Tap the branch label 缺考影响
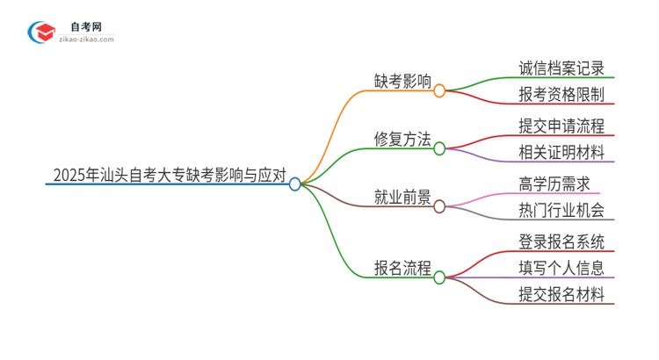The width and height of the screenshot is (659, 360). pos(402,83)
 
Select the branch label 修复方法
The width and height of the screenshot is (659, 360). pos(402,140)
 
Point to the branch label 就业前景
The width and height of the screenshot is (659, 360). pos(402,198)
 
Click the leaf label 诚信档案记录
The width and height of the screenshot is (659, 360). pos(561,68)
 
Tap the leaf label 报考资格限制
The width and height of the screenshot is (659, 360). pos(561,95)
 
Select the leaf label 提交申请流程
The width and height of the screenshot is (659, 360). pos(561,126)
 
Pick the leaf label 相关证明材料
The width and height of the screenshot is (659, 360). pos(561,153)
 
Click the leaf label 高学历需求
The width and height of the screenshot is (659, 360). pos(554,184)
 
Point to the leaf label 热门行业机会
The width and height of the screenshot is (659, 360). pos(561,211)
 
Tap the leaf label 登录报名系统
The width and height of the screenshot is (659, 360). pos(561,241)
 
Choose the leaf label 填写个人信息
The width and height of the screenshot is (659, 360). pos(561,268)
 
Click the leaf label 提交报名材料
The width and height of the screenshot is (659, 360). pos(561,295)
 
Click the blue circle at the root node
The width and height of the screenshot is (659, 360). pos(295,184)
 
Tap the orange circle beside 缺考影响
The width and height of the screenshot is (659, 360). pos(439,90)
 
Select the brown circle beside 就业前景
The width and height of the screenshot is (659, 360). pos(439,206)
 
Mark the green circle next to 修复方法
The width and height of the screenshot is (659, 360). pos(439,148)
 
